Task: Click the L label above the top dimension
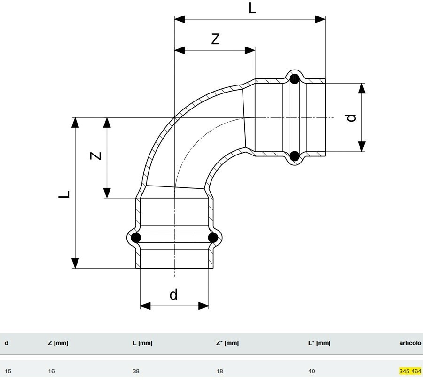click(x=252, y=8)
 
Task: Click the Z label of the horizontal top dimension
click(x=215, y=39)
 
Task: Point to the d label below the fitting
click(x=174, y=295)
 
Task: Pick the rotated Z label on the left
click(x=96, y=155)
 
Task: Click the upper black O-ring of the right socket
click(x=294, y=79)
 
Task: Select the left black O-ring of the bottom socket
click(x=136, y=238)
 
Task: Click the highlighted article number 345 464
click(x=410, y=371)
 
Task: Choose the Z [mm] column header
click(x=58, y=343)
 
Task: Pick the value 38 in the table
click(x=136, y=371)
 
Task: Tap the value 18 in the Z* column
click(x=219, y=371)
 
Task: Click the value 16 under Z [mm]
click(x=51, y=371)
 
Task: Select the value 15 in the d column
click(x=8, y=371)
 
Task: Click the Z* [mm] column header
click(x=227, y=343)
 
